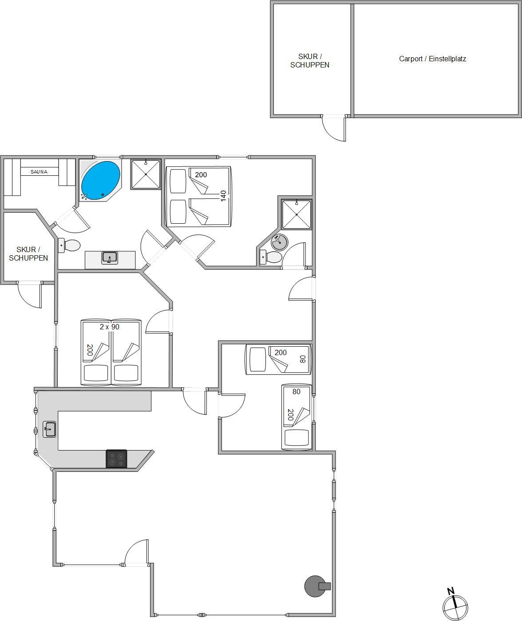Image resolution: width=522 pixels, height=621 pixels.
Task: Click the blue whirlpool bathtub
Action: tap(100, 181)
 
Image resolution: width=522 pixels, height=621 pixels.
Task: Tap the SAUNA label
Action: tap(39, 172)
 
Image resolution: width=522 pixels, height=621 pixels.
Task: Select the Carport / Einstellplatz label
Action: tap(432, 59)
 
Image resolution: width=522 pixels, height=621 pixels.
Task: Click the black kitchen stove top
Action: tap(116, 458)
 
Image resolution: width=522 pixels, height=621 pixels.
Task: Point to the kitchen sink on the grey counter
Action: tap(49, 429)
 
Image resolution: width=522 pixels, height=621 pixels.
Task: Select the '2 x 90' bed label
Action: tap(110, 327)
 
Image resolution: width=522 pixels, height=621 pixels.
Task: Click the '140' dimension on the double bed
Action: tap(223, 196)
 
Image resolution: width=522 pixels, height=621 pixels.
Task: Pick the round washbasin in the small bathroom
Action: tap(280, 242)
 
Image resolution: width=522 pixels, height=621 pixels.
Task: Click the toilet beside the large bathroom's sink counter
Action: tap(69, 245)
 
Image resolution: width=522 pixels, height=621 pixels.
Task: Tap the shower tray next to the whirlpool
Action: tap(146, 174)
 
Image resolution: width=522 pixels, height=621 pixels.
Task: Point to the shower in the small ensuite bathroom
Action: tap(297, 214)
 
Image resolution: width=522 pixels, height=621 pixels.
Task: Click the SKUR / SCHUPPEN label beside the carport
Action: tap(310, 61)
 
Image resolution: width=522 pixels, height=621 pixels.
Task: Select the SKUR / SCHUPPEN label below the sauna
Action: tap(28, 254)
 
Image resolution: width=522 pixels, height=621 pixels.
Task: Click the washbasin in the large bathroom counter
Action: tap(110, 257)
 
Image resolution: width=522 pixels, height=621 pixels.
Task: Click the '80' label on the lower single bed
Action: tap(296, 392)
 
